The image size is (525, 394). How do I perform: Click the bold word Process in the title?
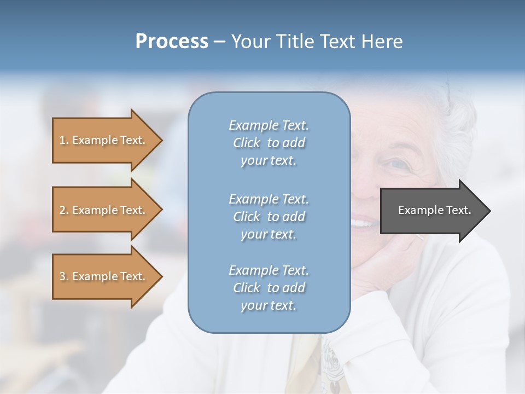pyautogui.click(x=172, y=42)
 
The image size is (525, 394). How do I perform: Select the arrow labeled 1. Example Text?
pyautogui.click(x=104, y=140)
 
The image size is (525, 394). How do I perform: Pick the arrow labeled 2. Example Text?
pyautogui.click(x=104, y=210)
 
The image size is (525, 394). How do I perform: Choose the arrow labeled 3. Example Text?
pyautogui.click(x=104, y=276)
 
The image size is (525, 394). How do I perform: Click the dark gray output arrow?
pyautogui.click(x=432, y=211)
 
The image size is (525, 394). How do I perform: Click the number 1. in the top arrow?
pyautogui.click(x=64, y=140)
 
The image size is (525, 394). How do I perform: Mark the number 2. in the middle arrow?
pyautogui.click(x=64, y=210)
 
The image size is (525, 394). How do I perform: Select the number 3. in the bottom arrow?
pyautogui.click(x=64, y=276)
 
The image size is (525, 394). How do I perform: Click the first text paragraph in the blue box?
pyautogui.click(x=269, y=143)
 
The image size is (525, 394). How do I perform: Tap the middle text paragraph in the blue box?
pyautogui.click(x=269, y=216)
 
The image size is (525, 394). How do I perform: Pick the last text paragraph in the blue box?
pyautogui.click(x=269, y=287)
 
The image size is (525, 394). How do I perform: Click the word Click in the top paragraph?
pyautogui.click(x=246, y=143)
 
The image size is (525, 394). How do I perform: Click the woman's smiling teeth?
pyautogui.click(x=363, y=223)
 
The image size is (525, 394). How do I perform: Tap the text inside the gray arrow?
pyautogui.click(x=434, y=210)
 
